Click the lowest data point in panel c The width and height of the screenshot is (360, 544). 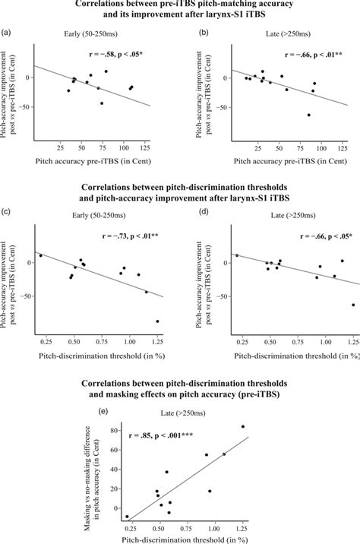pos(158,299)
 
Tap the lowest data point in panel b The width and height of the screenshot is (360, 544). pos(308,115)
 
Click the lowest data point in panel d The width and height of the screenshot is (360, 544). pos(352,305)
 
